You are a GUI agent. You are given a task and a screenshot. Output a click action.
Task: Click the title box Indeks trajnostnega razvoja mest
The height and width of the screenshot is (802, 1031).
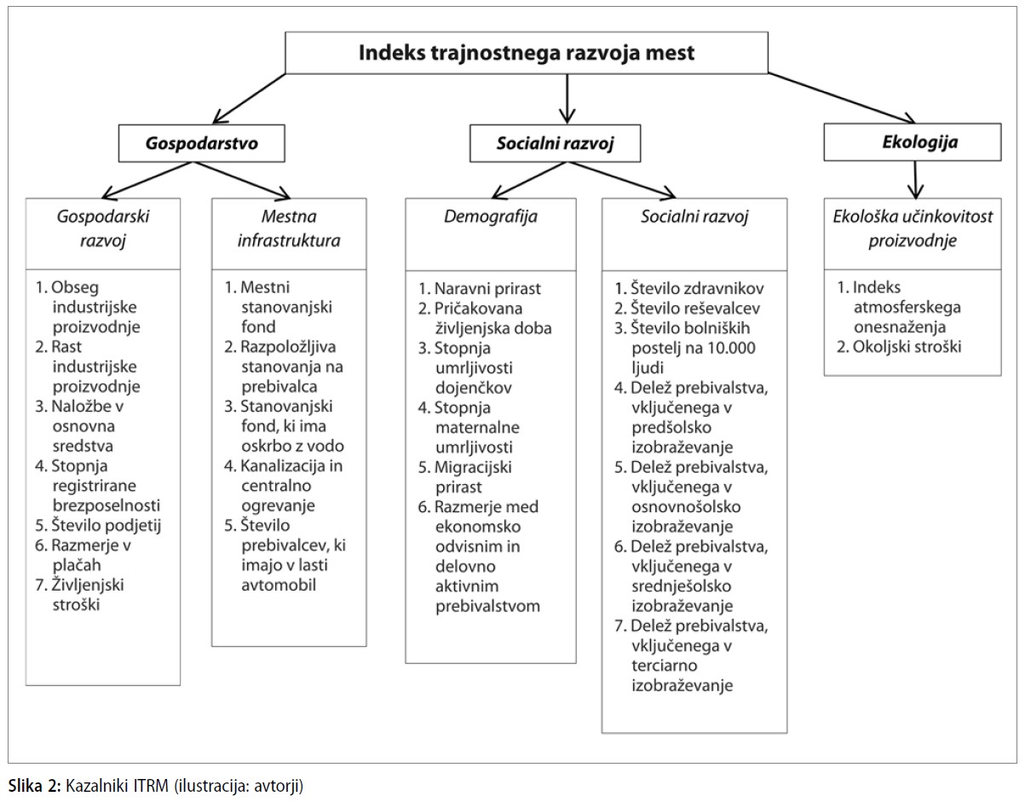(x=527, y=53)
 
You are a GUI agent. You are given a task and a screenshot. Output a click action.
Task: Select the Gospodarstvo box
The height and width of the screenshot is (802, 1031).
(x=202, y=143)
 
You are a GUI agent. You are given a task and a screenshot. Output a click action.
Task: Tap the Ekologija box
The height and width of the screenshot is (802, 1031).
(x=913, y=142)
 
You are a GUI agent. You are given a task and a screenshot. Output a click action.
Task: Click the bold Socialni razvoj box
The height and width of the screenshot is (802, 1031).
(x=555, y=143)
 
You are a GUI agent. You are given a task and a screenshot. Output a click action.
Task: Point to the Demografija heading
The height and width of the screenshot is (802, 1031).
(x=491, y=216)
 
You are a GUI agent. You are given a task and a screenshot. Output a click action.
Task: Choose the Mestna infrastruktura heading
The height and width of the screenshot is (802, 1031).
(x=289, y=228)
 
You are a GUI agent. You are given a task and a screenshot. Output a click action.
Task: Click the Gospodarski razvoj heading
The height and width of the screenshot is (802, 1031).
(x=103, y=228)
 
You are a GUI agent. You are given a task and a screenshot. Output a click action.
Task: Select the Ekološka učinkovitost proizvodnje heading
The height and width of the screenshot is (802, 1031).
(x=913, y=228)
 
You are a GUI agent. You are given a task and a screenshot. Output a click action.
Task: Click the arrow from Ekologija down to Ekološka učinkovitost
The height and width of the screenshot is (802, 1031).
(x=915, y=179)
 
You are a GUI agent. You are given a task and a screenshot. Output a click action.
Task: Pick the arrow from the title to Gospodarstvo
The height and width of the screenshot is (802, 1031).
(x=249, y=98)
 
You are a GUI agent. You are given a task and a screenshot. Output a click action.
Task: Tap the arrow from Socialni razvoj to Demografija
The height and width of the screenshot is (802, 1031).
(x=529, y=180)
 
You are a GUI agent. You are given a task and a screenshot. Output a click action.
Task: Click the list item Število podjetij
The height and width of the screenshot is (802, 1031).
(x=98, y=525)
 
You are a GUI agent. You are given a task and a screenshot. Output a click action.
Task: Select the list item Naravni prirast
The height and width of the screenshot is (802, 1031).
(x=479, y=289)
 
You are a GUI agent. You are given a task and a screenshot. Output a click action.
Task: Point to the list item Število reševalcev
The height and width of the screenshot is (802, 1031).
(x=687, y=309)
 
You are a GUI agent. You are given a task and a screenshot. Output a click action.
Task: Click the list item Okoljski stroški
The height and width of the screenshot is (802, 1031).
(x=899, y=347)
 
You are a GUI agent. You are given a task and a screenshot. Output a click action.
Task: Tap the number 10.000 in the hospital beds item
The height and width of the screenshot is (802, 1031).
(x=732, y=348)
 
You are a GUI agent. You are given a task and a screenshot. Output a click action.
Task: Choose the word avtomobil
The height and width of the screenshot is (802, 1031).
(x=279, y=586)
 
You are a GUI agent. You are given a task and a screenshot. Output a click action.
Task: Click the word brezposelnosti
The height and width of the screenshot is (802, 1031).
(x=107, y=506)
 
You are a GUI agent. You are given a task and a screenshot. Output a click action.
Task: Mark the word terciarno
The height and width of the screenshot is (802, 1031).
(x=665, y=666)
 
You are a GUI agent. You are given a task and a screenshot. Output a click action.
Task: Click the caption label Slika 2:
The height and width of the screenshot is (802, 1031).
(x=35, y=786)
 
